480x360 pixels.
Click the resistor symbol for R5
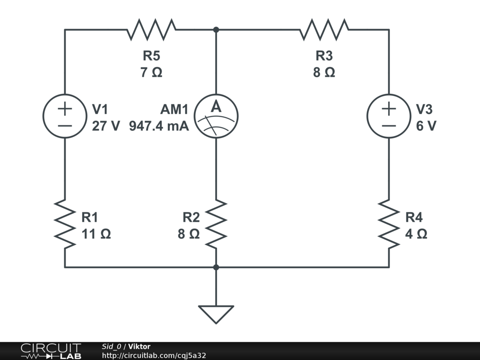pyautogui.click(x=151, y=30)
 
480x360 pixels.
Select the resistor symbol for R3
pyautogui.click(x=324, y=30)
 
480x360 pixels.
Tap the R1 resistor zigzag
pyautogui.click(x=65, y=224)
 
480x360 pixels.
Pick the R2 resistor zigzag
pyautogui.click(x=216, y=224)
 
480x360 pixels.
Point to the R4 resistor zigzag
pyautogui.click(x=389, y=224)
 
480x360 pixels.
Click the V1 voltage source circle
pyautogui.click(x=65, y=116)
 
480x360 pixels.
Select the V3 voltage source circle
pyautogui.click(x=389, y=116)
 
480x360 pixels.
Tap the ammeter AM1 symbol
pyautogui.click(x=216, y=116)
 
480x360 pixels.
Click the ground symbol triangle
pyautogui.click(x=216, y=314)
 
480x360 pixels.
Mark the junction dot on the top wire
pyautogui.click(x=216, y=30)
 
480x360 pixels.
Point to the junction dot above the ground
pyautogui.click(x=216, y=267)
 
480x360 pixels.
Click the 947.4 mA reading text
pyautogui.click(x=159, y=126)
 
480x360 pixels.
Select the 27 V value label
pyautogui.click(x=106, y=126)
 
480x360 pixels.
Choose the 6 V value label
pyautogui.click(x=426, y=126)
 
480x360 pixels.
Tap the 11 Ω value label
pyautogui.click(x=97, y=234)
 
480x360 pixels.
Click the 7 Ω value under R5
pyautogui.click(x=151, y=73)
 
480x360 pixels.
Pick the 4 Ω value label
pyautogui.click(x=416, y=234)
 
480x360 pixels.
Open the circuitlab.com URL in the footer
pyautogui.click(x=154, y=356)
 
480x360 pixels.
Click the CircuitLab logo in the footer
pyautogui.click(x=50, y=351)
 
